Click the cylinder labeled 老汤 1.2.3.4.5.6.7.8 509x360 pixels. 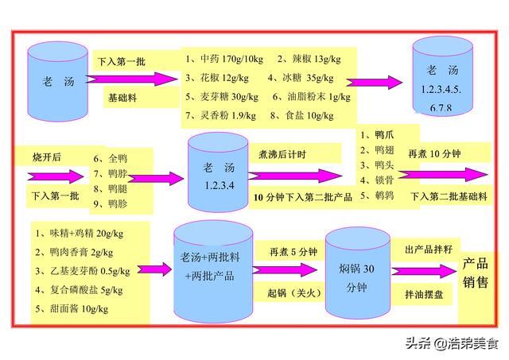coord(442,76)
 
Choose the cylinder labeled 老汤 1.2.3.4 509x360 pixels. coord(218,172)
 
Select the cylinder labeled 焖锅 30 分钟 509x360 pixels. coord(358,273)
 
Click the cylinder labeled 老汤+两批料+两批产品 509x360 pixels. coord(213,272)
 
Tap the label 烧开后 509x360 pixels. coord(47,157)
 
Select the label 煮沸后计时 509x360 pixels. coord(282,154)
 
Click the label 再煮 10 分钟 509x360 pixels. coord(434,153)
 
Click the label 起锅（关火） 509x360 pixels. coord(294,293)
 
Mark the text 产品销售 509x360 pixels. coord(476,273)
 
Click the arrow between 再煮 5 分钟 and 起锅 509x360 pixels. coord(285,270)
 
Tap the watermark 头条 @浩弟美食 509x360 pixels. coord(452,343)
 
